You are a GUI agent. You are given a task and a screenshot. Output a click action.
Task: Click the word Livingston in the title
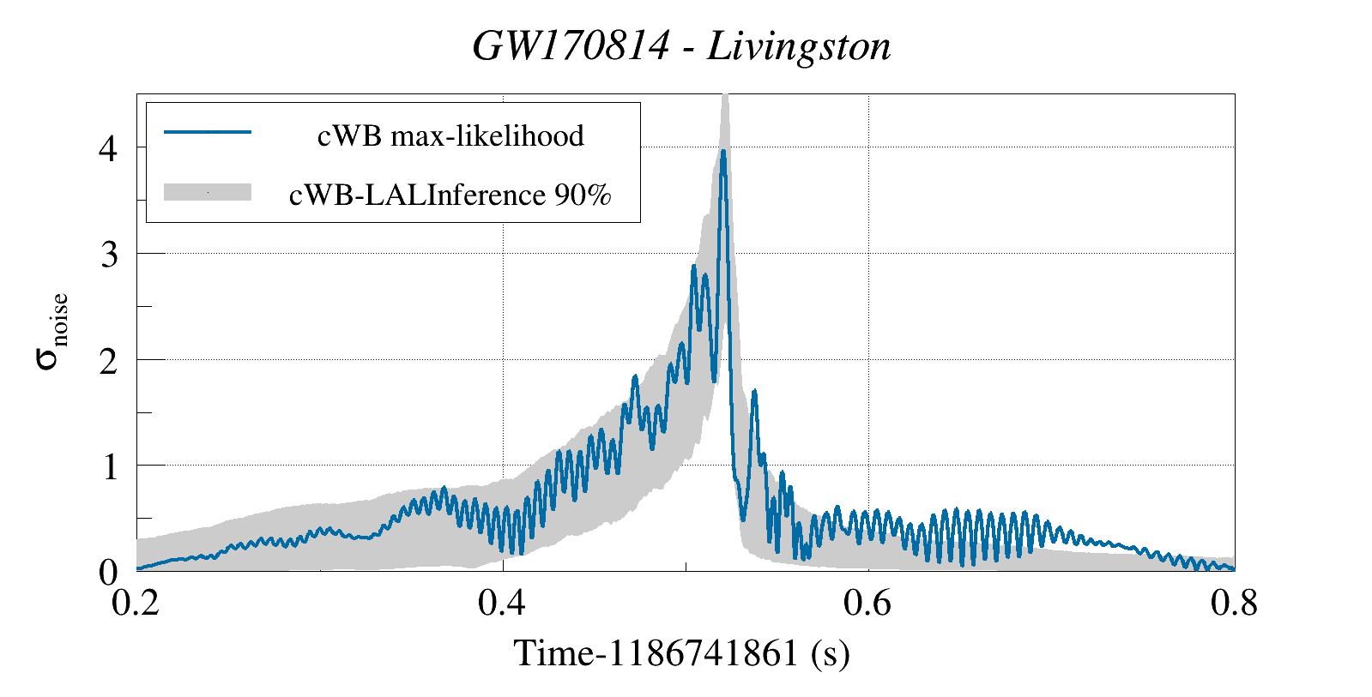pyautogui.click(x=799, y=46)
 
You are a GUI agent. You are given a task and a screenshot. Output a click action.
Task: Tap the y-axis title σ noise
pyautogui.click(x=51, y=331)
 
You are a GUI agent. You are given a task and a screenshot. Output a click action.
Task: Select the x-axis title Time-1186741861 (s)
pyautogui.click(x=681, y=654)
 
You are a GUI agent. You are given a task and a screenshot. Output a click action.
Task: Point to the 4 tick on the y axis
pyautogui.click(x=109, y=148)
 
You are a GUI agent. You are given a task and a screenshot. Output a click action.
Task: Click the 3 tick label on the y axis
pyautogui.click(x=109, y=254)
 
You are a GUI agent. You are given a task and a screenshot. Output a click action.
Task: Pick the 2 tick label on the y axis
pyautogui.click(x=109, y=360)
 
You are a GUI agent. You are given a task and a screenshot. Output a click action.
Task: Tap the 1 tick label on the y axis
pyautogui.click(x=109, y=466)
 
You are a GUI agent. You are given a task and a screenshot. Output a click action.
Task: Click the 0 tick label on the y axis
pyautogui.click(x=109, y=572)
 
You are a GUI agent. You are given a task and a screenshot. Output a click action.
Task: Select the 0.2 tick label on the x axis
pyautogui.click(x=136, y=604)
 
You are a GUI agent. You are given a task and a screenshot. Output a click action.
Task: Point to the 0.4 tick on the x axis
pyautogui.click(x=502, y=604)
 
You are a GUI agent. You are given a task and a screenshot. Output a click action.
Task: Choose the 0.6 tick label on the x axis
pyautogui.click(x=868, y=604)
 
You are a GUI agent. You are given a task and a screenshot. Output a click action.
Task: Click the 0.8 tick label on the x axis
pyautogui.click(x=1234, y=604)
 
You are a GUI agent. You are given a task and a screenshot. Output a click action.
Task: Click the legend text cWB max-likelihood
pyautogui.click(x=450, y=135)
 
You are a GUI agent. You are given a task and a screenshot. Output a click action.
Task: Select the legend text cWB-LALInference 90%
pyautogui.click(x=450, y=195)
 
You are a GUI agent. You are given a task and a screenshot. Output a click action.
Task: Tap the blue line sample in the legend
pyautogui.click(x=207, y=132)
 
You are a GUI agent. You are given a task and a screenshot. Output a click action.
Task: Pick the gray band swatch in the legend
pyautogui.click(x=207, y=192)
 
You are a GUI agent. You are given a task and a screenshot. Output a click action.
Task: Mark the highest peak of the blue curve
pyautogui.click(x=723, y=152)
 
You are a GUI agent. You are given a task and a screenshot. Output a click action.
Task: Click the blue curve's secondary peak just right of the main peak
pyautogui.click(x=754, y=392)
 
